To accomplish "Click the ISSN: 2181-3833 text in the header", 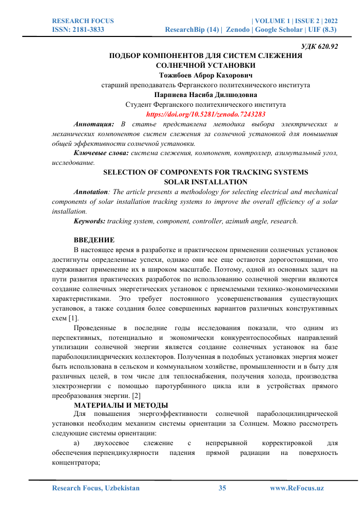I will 78,30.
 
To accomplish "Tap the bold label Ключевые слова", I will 101,153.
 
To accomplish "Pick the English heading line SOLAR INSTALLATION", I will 205,182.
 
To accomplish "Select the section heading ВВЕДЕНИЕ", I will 94,240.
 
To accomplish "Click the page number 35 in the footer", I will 222,488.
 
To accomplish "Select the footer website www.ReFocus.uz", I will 297,488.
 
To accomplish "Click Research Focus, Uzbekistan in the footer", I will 96,488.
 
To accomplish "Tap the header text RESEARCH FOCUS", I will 83,21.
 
